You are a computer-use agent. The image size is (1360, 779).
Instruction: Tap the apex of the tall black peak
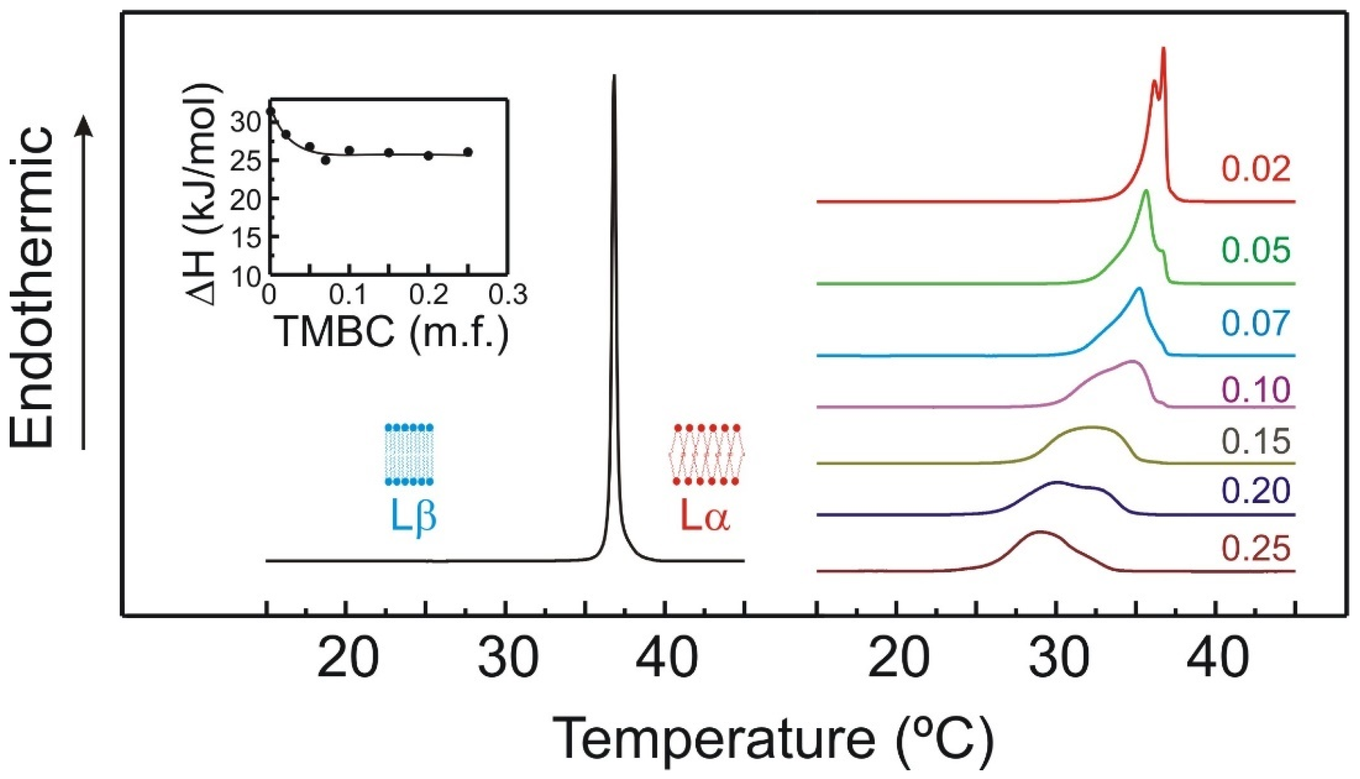(614, 77)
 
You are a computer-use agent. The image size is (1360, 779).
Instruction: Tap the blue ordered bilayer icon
(409, 455)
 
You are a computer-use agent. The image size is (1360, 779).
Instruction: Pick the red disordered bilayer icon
(707, 455)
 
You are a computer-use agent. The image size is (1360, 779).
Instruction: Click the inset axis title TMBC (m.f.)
(393, 331)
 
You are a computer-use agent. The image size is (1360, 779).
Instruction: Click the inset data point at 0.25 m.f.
(468, 152)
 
